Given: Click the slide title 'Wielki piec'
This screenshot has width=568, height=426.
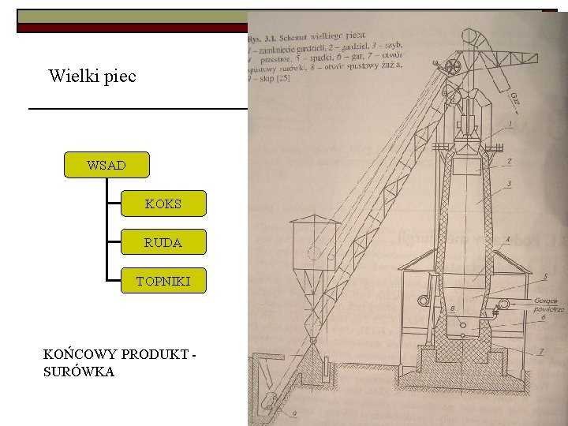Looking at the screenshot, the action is (x=92, y=77).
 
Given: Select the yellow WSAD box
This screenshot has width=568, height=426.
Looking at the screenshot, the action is (x=106, y=166).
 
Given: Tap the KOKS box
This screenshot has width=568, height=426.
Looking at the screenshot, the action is (x=163, y=204).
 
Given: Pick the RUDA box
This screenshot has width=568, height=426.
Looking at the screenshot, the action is (x=163, y=242).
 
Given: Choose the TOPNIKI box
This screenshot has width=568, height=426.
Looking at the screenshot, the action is (x=163, y=281).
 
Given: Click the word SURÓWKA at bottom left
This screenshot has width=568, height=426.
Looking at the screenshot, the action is (x=79, y=372).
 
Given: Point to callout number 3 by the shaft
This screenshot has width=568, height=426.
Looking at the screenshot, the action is (x=510, y=184).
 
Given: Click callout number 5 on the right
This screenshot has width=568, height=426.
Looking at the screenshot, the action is (x=545, y=277).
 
